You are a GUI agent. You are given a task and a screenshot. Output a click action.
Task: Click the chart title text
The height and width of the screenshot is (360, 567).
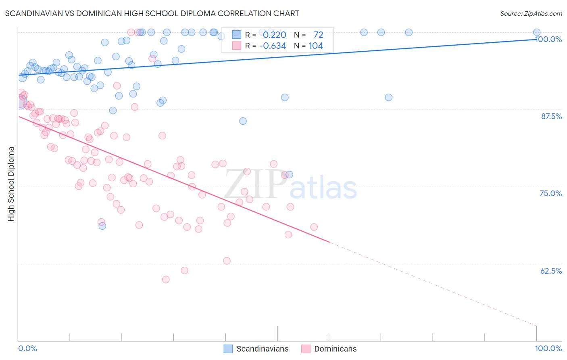(x=152, y=13)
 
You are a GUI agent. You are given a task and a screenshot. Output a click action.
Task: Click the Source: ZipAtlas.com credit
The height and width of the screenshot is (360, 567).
(x=531, y=13)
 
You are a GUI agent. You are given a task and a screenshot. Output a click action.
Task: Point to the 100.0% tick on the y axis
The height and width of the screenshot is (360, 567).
(x=548, y=39)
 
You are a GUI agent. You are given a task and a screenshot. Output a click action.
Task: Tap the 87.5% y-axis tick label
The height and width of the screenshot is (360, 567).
(x=551, y=116)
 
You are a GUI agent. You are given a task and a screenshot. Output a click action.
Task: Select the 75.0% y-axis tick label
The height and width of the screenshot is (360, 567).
(x=551, y=193)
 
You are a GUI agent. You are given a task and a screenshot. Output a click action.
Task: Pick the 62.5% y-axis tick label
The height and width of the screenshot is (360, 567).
(x=551, y=271)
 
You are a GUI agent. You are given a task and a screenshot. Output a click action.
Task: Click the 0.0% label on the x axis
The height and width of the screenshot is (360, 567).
(x=27, y=348)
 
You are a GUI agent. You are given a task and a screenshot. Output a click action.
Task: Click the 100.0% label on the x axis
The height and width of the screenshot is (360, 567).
(x=548, y=348)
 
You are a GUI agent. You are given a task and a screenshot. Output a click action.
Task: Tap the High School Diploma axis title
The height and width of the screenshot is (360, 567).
(x=11, y=184)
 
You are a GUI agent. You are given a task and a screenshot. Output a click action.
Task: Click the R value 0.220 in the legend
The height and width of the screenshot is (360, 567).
(x=274, y=35)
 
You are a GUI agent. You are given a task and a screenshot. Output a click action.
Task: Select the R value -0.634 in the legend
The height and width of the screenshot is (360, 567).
(x=273, y=46)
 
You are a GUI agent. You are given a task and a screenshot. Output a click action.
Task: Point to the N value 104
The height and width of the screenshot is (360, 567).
(x=316, y=46)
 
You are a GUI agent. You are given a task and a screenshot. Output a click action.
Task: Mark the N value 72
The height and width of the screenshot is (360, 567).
(x=318, y=35)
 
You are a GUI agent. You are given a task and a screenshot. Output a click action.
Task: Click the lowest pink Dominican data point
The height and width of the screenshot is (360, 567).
(x=165, y=279)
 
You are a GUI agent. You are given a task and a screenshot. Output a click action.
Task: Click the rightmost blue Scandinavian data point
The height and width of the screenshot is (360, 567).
(x=537, y=32)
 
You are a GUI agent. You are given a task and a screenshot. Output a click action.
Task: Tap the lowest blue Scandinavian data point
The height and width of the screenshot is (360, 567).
(x=102, y=226)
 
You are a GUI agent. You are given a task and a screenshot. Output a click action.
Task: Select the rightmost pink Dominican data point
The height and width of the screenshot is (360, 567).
(x=314, y=227)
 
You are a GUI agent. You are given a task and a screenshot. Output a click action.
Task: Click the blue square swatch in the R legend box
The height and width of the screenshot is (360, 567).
(x=236, y=35)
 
